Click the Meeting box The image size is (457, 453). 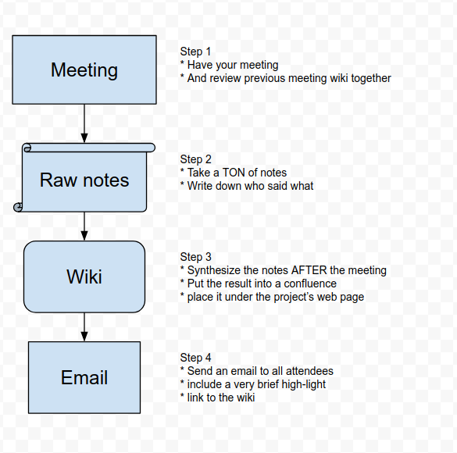(84, 70)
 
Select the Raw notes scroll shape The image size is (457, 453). (84, 178)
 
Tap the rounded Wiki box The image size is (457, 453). (84, 276)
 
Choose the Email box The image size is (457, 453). (84, 377)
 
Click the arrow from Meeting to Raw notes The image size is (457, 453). (84, 123)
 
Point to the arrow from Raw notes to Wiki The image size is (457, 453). (84, 226)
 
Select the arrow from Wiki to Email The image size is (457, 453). (84, 327)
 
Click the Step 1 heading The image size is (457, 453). (195, 52)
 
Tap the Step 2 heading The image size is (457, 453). (195, 159)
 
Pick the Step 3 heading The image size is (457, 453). (195, 257)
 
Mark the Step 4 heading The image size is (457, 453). (195, 358)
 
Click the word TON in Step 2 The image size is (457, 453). (233, 173)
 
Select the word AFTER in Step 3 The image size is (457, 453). (309, 270)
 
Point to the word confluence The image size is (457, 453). (310, 284)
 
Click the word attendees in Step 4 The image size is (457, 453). (309, 371)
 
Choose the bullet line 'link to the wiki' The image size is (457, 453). (218, 398)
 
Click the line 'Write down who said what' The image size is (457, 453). (247, 186)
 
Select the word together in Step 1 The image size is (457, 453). (371, 78)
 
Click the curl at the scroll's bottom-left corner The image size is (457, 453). (18, 207)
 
